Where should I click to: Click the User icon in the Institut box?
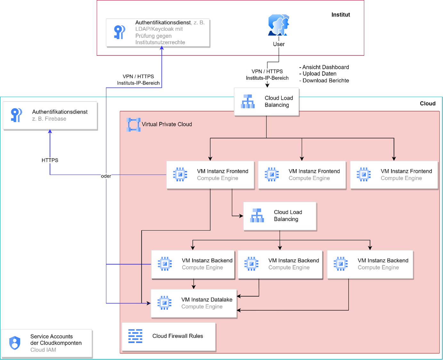[278, 25]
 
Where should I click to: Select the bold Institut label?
[341, 15]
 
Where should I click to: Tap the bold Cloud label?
[427, 103]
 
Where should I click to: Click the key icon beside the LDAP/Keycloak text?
[119, 32]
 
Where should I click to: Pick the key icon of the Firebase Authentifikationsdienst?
[16, 115]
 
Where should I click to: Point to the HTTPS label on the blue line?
[50, 160]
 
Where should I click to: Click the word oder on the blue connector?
[106, 176]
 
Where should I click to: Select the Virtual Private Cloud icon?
[133, 124]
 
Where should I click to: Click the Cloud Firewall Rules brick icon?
[135, 336]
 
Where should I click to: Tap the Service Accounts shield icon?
[15, 343]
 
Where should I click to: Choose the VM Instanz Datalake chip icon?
[164, 303]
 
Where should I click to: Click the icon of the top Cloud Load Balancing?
[248, 101]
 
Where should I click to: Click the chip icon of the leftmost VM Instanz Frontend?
[180, 174]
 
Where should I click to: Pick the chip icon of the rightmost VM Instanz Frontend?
[364, 174]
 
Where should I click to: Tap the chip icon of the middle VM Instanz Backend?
[251, 264]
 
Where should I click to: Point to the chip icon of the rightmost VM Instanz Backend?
[341, 264]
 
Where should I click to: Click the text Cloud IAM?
[43, 350]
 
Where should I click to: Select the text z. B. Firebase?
[49, 119]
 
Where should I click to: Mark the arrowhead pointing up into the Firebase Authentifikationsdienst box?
[50, 132]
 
